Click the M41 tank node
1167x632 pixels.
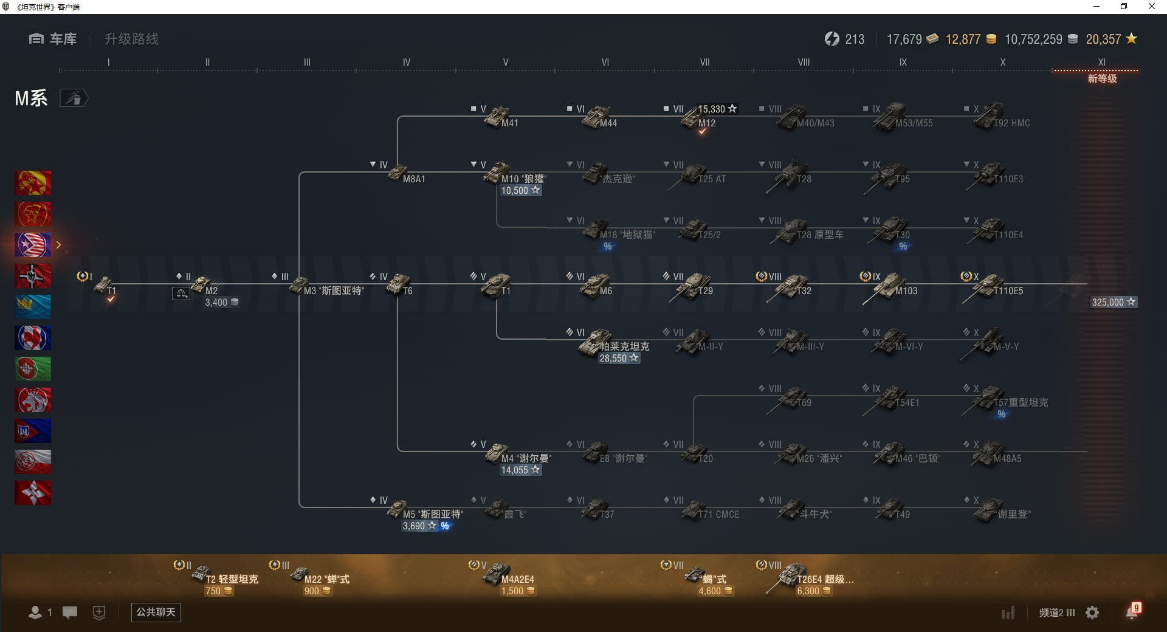(498, 117)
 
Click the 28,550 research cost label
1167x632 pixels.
(619, 358)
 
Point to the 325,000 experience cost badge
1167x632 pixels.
(1113, 302)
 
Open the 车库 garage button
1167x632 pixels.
(53, 39)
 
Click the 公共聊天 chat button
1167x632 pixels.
(156, 612)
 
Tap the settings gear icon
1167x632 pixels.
(1092, 613)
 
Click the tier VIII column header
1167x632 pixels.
(804, 62)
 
